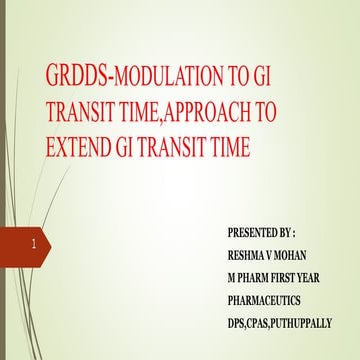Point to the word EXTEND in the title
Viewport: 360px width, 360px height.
[x=80, y=148]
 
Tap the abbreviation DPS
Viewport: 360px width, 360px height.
[x=239, y=323]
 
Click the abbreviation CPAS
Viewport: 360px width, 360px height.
[x=265, y=323]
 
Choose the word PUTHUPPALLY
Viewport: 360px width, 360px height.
[x=310, y=323]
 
